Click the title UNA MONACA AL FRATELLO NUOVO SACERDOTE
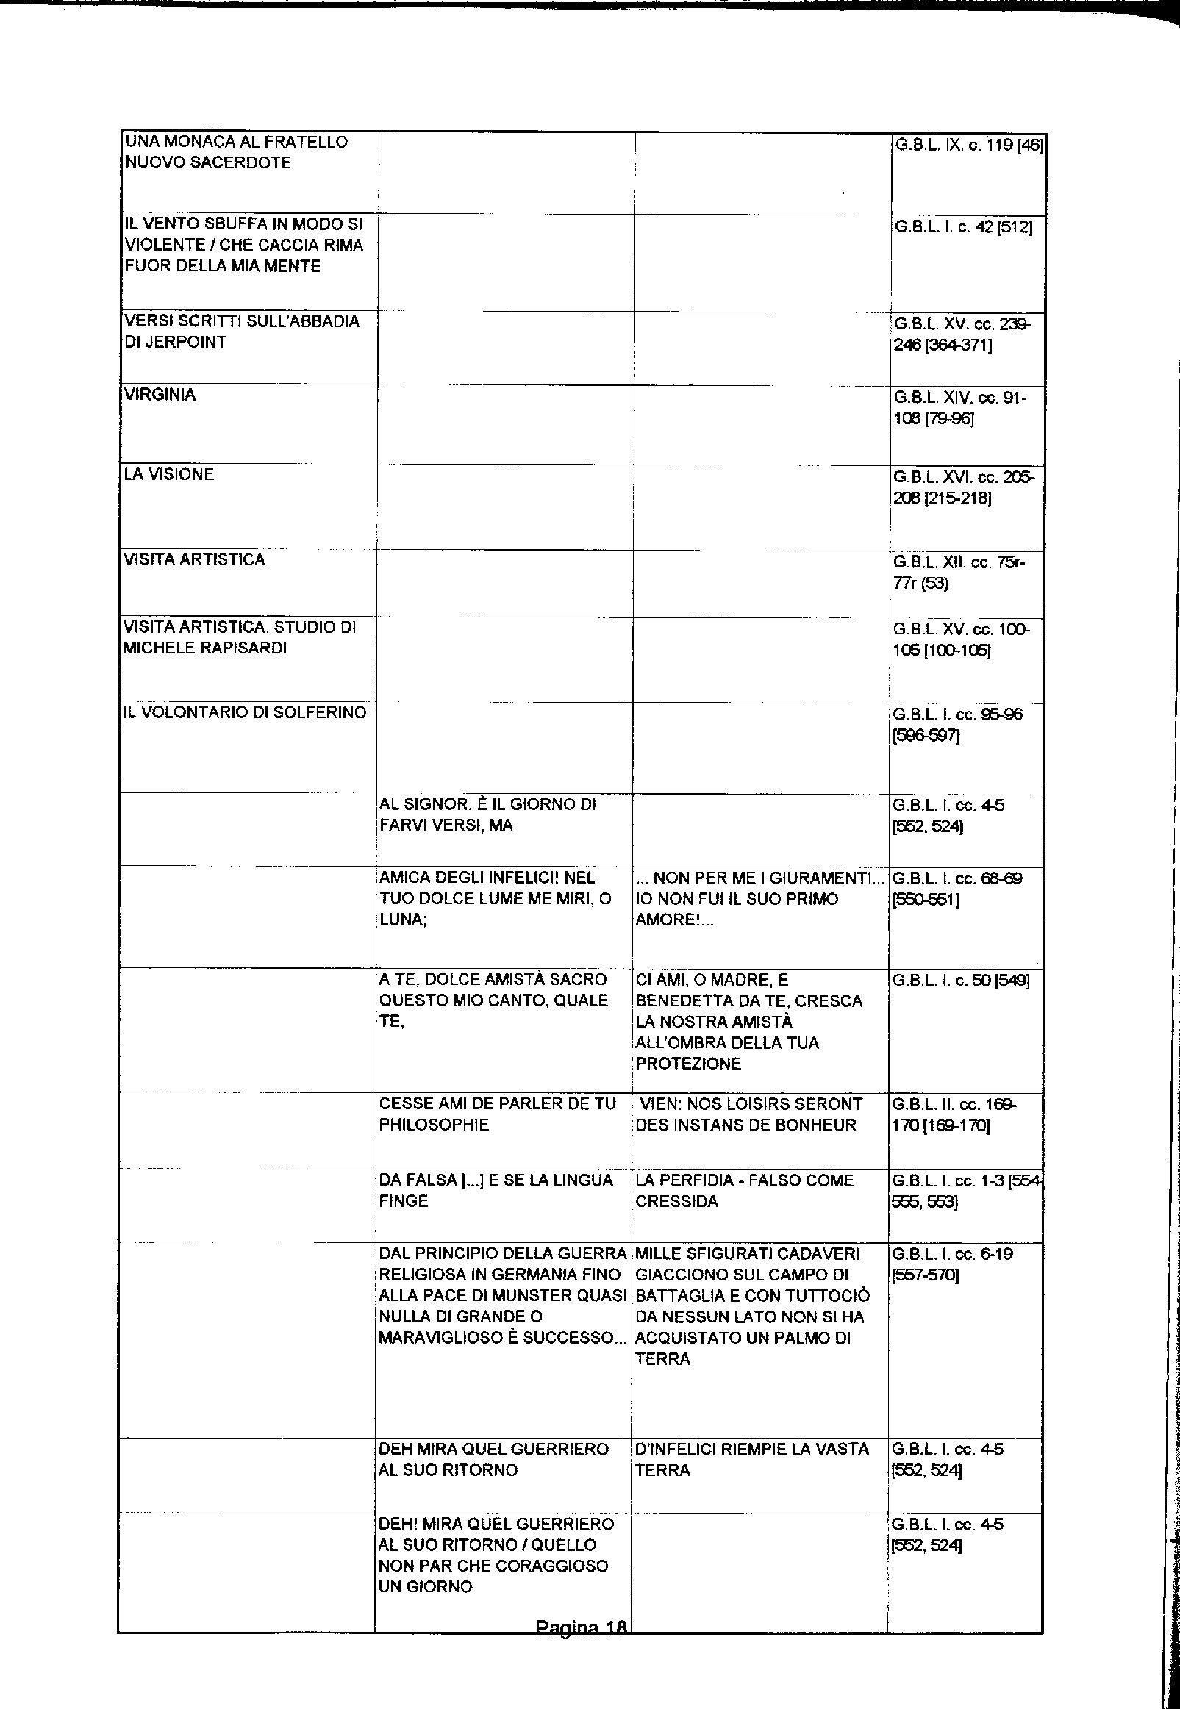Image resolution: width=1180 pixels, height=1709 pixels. click(x=236, y=152)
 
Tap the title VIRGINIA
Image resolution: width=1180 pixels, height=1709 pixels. click(x=160, y=395)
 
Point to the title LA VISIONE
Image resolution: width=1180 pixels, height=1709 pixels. click(x=169, y=475)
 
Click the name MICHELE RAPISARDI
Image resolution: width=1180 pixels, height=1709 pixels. click(x=205, y=648)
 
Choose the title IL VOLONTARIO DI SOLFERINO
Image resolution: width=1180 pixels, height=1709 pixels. click(x=245, y=712)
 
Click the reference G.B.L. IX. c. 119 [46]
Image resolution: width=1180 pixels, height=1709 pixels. click(x=968, y=146)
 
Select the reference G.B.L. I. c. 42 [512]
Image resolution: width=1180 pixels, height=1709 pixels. click(x=962, y=227)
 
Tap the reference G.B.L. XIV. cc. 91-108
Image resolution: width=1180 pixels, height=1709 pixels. click(x=959, y=409)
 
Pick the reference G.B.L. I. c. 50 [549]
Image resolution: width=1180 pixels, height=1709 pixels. click(x=960, y=980)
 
